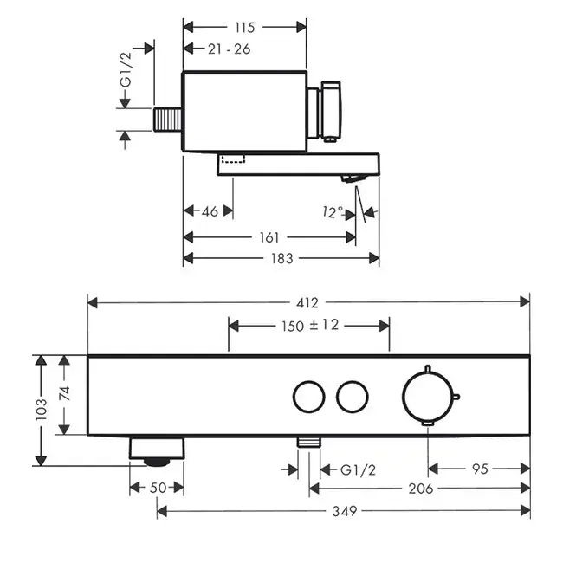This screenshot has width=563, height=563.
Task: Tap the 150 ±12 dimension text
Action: tap(309, 326)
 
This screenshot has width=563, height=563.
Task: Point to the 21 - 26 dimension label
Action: tap(230, 49)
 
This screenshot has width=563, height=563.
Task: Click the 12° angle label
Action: tap(334, 210)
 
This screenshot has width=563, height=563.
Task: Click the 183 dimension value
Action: tap(281, 257)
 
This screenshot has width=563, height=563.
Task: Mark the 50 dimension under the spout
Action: tap(158, 488)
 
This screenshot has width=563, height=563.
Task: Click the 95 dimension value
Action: tap(480, 468)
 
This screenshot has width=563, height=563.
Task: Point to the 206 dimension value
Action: tap(422, 489)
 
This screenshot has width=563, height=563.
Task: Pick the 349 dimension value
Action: tap(345, 511)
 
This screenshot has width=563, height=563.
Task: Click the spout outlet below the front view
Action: tap(158, 449)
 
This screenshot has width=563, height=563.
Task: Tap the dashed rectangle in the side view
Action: tap(233, 159)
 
